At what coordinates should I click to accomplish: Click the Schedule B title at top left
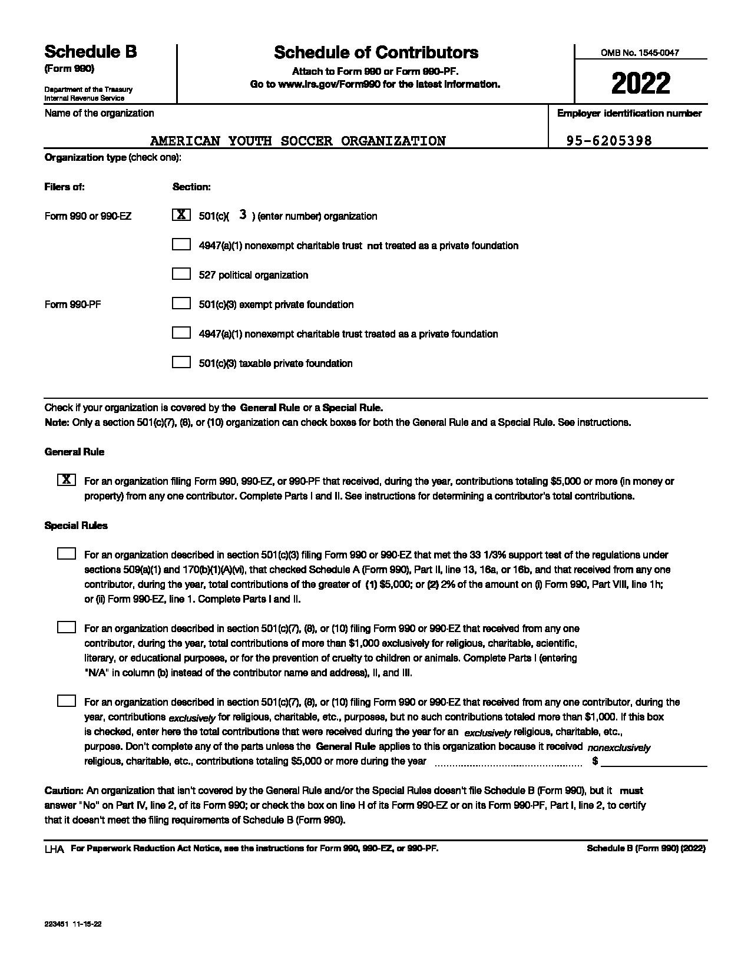point(91,52)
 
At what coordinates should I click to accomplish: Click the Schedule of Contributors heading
point(376,52)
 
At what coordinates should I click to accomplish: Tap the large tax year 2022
point(640,84)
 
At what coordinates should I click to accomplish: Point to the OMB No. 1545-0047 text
point(640,52)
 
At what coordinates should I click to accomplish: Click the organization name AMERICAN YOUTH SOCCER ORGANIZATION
point(298,141)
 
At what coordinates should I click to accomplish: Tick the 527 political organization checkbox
point(181,274)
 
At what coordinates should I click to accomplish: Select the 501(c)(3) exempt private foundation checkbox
point(181,303)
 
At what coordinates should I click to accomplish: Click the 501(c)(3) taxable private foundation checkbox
point(181,362)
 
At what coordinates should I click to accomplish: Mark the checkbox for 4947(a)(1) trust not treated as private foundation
point(181,244)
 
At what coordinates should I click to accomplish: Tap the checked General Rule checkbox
point(67,480)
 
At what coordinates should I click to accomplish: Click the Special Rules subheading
point(76,525)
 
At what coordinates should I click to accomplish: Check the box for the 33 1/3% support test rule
point(67,554)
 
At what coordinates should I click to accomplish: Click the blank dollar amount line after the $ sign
point(654,761)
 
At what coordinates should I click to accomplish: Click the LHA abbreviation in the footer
point(54,849)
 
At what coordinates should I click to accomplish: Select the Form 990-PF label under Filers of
point(73,305)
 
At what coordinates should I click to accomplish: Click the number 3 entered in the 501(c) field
point(243,215)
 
